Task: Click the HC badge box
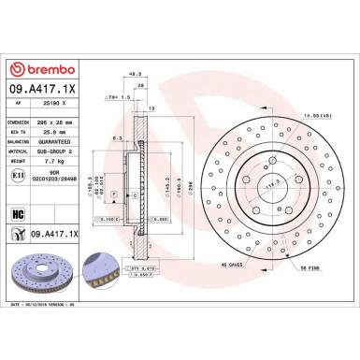17,212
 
